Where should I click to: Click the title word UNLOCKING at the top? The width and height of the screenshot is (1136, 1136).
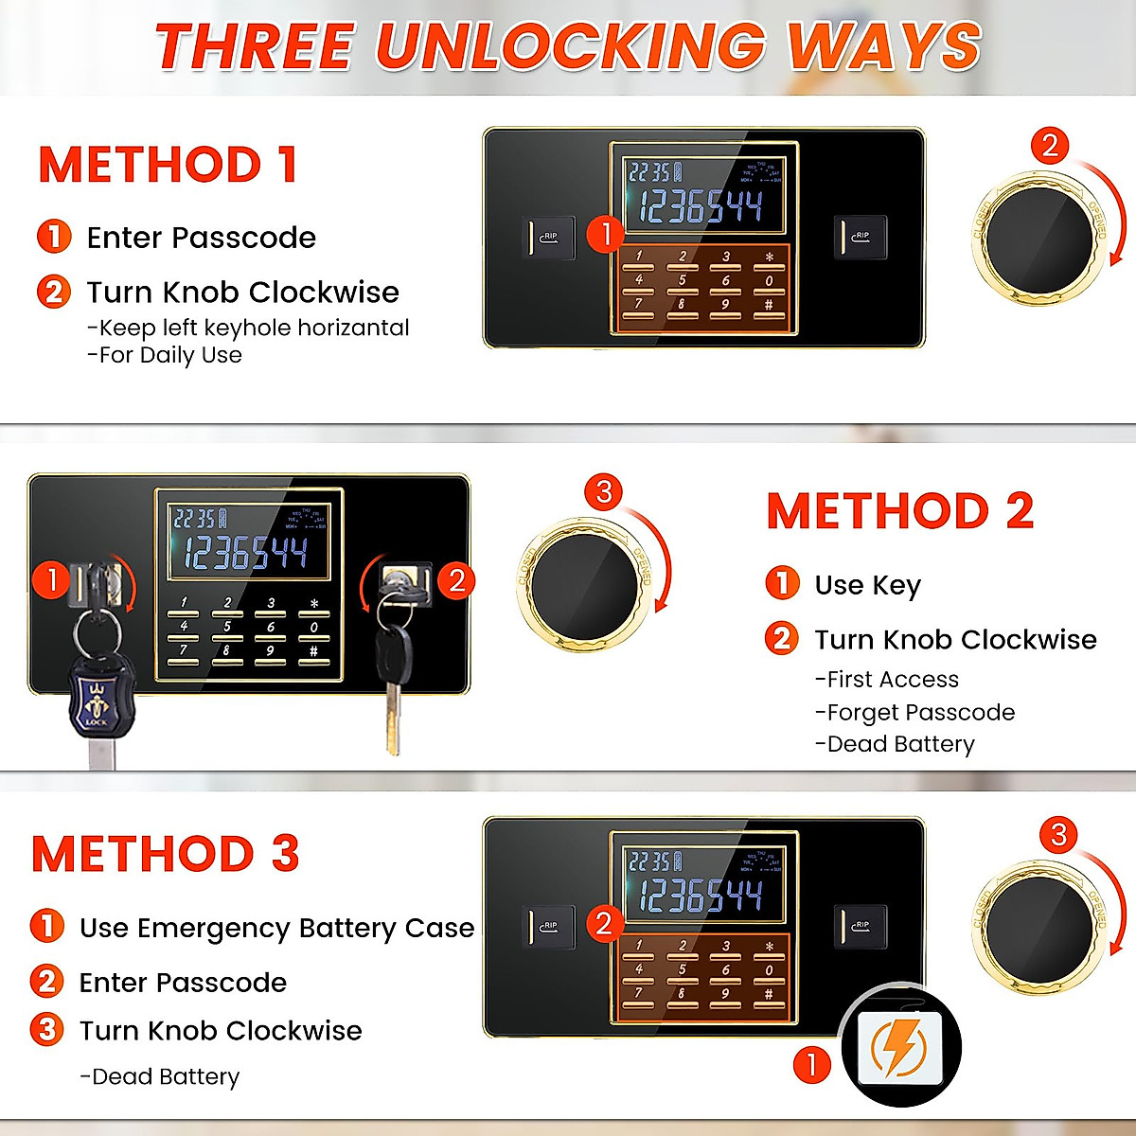tap(570, 45)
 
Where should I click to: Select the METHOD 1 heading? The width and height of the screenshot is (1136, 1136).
tap(168, 165)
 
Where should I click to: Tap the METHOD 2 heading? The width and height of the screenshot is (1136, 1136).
tap(899, 512)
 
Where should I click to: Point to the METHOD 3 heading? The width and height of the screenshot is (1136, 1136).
tap(166, 854)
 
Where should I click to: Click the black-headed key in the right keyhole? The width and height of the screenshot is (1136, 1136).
tap(393, 653)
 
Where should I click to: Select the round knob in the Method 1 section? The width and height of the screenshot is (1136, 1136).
tap(1038, 237)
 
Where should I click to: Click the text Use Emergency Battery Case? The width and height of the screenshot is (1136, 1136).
tap(276, 929)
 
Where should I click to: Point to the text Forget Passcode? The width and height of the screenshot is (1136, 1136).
tap(920, 713)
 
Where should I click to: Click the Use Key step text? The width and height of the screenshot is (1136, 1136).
tap(867, 586)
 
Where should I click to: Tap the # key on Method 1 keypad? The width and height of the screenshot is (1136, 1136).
tap(769, 305)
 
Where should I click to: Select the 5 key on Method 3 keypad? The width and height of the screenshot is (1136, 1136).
tap(682, 969)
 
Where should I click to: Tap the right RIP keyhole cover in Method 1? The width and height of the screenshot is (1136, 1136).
tap(860, 237)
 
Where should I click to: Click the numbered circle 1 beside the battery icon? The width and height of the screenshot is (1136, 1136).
tap(811, 1065)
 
